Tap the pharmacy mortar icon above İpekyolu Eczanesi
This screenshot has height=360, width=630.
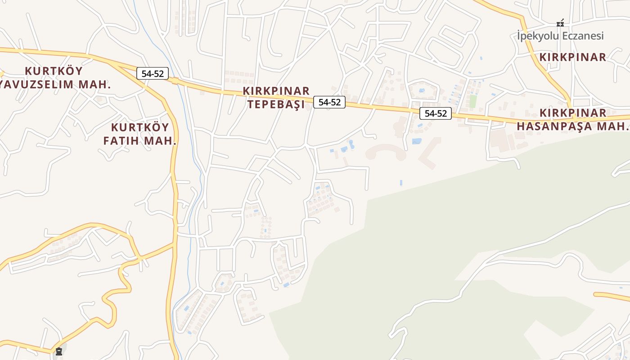[560, 22]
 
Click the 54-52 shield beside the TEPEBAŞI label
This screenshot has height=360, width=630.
[329, 102]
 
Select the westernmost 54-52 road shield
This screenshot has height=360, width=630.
[153, 74]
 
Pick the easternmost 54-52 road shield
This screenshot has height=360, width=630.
[436, 113]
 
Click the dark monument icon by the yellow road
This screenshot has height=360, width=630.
[59, 351]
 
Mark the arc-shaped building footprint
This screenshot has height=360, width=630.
[386, 152]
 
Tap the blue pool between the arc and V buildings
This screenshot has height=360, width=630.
[417, 141]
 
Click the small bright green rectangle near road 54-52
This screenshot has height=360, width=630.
[473, 101]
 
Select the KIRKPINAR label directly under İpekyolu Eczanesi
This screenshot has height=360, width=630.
[573, 57]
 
